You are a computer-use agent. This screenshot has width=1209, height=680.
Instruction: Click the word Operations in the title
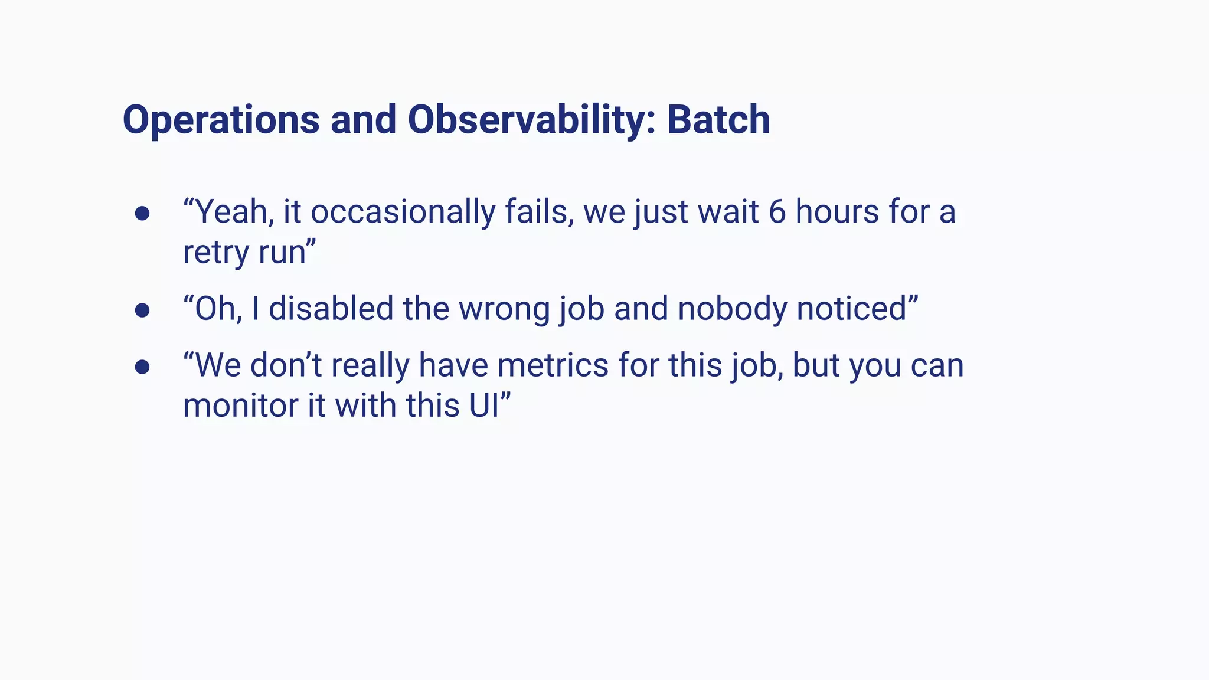point(221,120)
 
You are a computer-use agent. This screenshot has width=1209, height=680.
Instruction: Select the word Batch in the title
point(718,120)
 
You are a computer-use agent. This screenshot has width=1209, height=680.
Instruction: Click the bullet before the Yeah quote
point(142,213)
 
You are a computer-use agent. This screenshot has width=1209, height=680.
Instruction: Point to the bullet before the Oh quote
point(142,310)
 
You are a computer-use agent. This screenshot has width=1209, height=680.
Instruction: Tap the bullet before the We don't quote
point(142,367)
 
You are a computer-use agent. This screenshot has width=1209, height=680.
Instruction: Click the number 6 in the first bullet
point(777,212)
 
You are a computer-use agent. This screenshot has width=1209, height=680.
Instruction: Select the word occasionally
point(403,212)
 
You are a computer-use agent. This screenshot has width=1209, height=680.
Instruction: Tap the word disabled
point(331,309)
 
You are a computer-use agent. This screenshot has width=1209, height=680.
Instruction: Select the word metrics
point(553,365)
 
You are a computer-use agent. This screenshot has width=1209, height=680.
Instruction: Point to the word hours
point(837,212)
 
